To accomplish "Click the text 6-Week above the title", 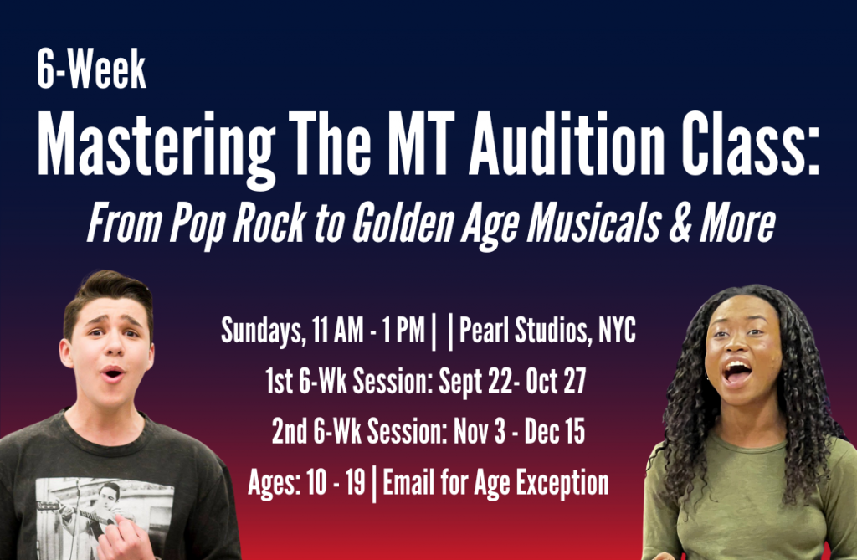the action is pyautogui.click(x=91, y=69).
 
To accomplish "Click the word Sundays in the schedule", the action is pyautogui.click(x=264, y=331).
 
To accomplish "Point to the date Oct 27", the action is pyautogui.click(x=556, y=381).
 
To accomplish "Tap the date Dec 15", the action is pyautogui.click(x=555, y=431).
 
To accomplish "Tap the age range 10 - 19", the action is pyautogui.click(x=336, y=482).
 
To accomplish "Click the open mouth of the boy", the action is pyautogui.click(x=113, y=374).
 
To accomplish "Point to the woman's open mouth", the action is pyautogui.click(x=736, y=372).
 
